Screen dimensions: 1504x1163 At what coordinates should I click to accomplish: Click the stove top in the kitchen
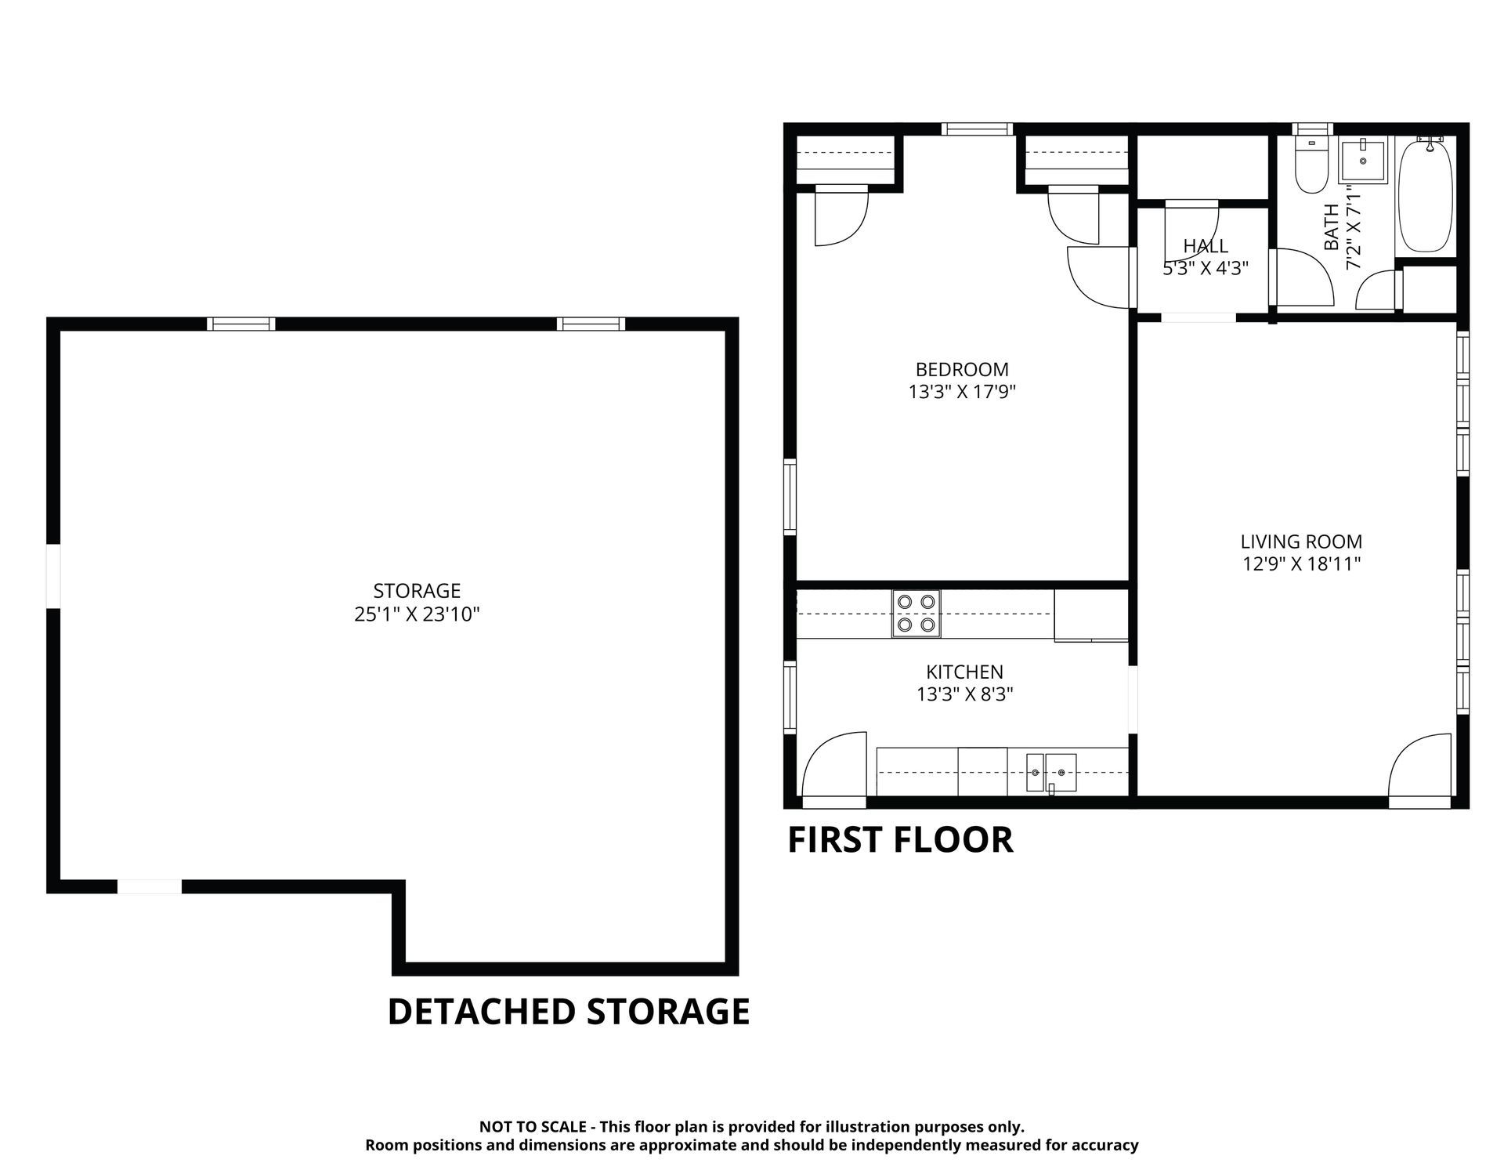pyautogui.click(x=916, y=614)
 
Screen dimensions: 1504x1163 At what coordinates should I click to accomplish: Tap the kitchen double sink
pyautogui.click(x=1051, y=773)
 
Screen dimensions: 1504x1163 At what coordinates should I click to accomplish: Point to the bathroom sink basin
pyautogui.click(x=1363, y=161)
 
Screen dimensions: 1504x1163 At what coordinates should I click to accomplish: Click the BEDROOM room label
pyautogui.click(x=962, y=369)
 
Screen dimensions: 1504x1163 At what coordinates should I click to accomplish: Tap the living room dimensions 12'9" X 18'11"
pyautogui.click(x=1301, y=563)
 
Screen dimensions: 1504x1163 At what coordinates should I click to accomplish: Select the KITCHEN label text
pyautogui.click(x=964, y=672)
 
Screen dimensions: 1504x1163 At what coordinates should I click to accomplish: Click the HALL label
pyautogui.click(x=1206, y=246)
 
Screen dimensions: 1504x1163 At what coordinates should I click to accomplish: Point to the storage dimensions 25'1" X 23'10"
pyautogui.click(x=417, y=614)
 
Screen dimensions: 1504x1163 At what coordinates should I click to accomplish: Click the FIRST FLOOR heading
pyautogui.click(x=900, y=839)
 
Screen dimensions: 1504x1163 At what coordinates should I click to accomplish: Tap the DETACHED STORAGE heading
pyautogui.click(x=569, y=1011)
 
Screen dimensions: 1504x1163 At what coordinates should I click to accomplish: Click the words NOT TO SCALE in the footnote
pyautogui.click(x=533, y=1127)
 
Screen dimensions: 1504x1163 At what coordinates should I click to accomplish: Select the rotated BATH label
pyautogui.click(x=1331, y=227)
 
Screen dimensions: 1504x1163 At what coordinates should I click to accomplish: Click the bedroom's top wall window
pyautogui.click(x=977, y=129)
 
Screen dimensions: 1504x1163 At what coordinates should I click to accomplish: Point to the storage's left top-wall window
pyautogui.click(x=241, y=324)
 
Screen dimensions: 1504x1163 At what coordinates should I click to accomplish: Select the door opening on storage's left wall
pyautogui.click(x=53, y=576)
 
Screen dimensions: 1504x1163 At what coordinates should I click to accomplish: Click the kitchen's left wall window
pyautogui.click(x=790, y=697)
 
